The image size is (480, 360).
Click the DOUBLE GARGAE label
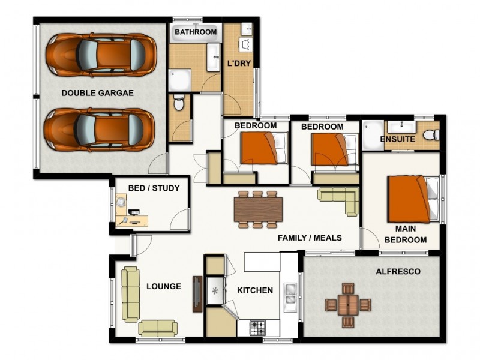[x=97, y=93]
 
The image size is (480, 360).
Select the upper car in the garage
[x=100, y=55]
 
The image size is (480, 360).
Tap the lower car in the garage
[x=100, y=130]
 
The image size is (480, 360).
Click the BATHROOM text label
[x=195, y=32]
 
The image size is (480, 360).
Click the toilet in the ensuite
[x=430, y=136]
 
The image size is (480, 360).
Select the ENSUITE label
[x=398, y=139]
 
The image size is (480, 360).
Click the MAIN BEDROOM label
[x=406, y=235]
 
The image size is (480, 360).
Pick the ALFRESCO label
[x=398, y=272]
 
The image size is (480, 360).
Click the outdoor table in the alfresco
[x=348, y=304]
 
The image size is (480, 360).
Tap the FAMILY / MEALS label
[x=310, y=238]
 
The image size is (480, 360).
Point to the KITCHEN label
[x=255, y=290]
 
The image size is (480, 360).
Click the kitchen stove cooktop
[x=258, y=328]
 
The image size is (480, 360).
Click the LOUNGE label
[x=164, y=287]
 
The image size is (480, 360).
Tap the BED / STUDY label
[x=154, y=188]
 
